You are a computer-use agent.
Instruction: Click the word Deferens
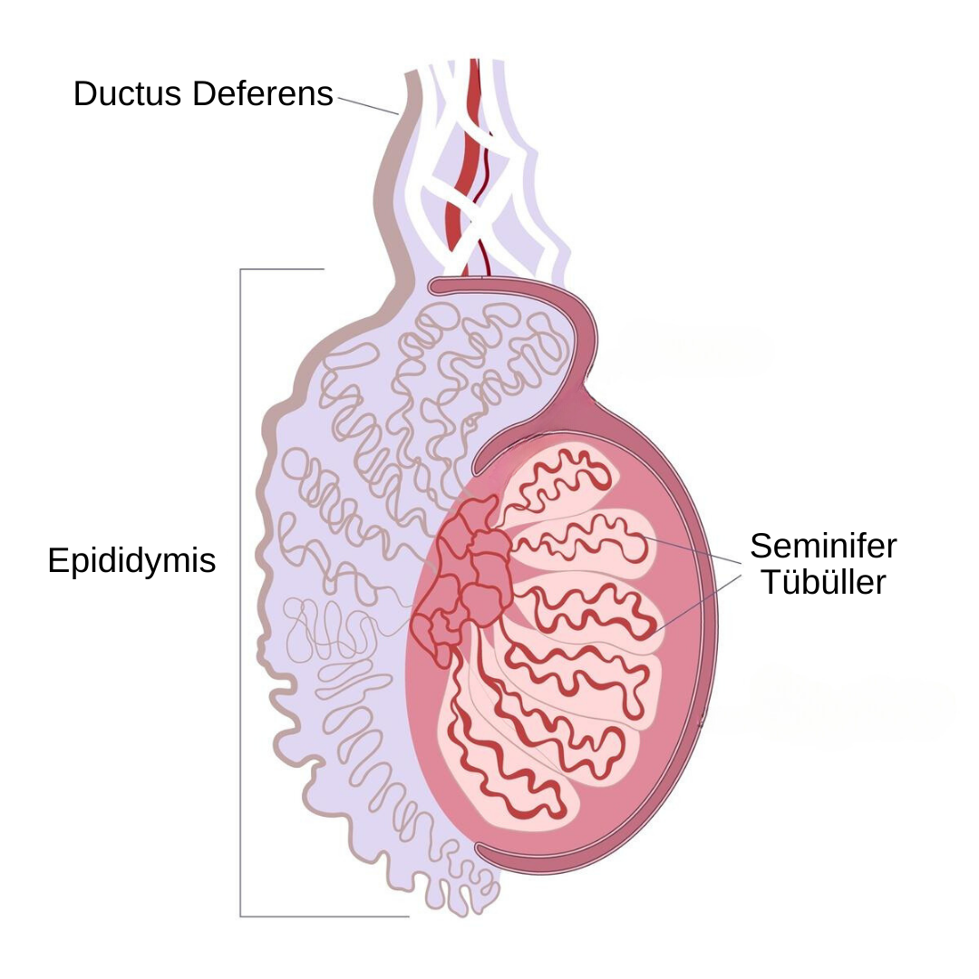262,93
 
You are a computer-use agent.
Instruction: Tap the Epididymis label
131,561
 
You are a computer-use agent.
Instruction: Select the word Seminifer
823,546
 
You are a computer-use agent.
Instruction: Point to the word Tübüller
823,582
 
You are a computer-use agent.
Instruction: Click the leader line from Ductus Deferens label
368,105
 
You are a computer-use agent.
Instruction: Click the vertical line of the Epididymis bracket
240,593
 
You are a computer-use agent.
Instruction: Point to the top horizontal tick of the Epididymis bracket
282,269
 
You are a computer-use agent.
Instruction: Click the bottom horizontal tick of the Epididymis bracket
325,916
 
